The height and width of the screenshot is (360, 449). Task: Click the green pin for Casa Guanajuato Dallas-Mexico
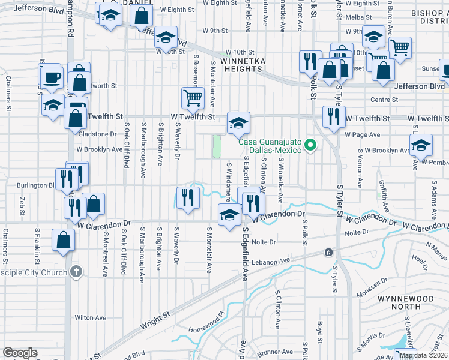310,146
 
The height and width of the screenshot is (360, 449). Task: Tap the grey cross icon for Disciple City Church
75,272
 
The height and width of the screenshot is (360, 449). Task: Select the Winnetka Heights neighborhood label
242,65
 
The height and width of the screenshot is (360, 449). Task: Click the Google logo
20,353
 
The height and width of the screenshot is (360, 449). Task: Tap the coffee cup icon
52,77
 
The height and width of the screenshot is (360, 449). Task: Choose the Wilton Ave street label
90,317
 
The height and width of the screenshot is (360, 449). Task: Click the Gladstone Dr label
96,134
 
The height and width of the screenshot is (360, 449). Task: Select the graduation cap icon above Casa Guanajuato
238,123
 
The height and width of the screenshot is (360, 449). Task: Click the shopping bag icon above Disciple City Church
64,241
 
